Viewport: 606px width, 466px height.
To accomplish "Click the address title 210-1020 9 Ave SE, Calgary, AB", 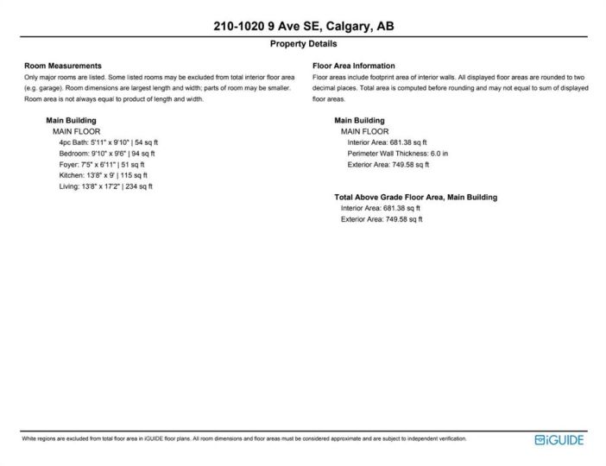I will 303,27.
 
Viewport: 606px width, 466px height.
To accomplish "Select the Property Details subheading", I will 303,44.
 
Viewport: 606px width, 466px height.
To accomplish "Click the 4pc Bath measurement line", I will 109,142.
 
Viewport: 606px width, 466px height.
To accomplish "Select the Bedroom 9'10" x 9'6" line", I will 109,153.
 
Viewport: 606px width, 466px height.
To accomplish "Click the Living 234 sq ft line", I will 106,186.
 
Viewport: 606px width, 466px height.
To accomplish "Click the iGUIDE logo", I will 559,440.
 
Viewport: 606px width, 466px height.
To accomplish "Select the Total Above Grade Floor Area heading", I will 415,197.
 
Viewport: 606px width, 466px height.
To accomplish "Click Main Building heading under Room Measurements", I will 71,120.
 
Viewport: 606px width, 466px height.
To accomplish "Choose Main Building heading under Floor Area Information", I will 359,120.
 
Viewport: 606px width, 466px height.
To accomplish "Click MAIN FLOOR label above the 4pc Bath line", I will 76,131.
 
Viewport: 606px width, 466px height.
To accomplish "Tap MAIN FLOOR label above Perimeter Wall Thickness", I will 364,131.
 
